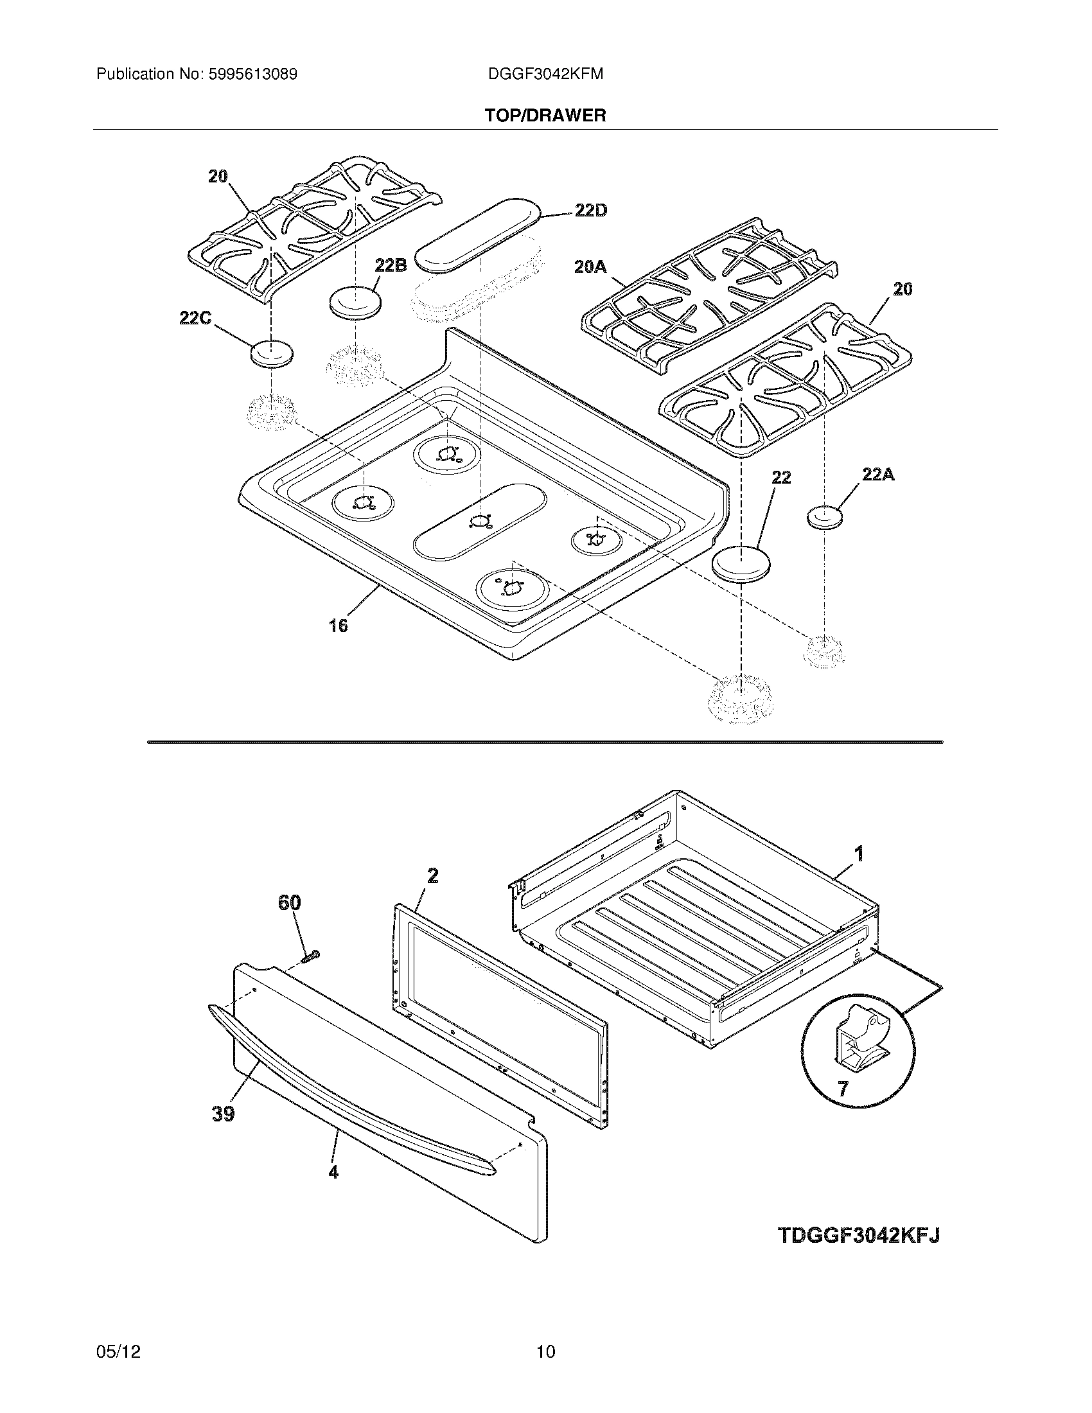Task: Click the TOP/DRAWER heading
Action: pos(545,116)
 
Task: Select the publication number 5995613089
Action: pos(252,75)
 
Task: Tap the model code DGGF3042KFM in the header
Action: pos(545,75)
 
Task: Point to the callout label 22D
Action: pos(590,210)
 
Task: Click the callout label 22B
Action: pos(390,265)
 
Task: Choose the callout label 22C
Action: pos(195,318)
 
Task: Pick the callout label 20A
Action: pos(590,266)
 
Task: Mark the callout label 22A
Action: pos(878,475)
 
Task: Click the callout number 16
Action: pos(338,625)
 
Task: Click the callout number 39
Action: pos(222,1114)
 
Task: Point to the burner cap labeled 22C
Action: pos(271,354)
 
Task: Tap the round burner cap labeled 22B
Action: pos(355,302)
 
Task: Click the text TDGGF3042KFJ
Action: pos(858,1235)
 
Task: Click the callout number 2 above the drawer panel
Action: pos(432,876)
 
